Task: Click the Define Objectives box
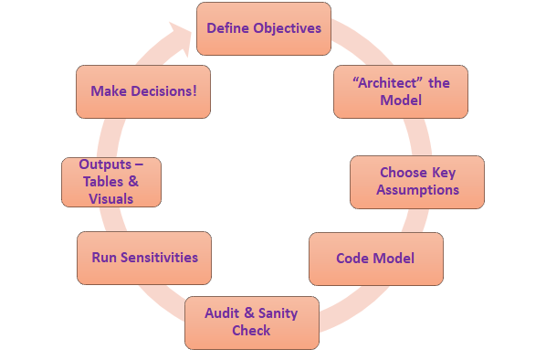coord(264,28)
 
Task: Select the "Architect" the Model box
coord(401,91)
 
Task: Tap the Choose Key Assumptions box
coord(417,182)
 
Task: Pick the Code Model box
coord(376,259)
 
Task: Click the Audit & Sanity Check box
coord(252,323)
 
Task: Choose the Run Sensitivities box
coord(144,258)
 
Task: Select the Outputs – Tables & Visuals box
coord(111,182)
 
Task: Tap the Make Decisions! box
coord(143,91)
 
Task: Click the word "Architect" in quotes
coord(387,83)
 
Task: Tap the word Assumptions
coord(417,190)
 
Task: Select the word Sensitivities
coord(159,258)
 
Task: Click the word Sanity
coord(278,313)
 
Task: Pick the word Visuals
coord(111,199)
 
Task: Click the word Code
coord(352,259)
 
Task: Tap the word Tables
coord(103,182)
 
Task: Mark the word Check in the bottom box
coord(251,331)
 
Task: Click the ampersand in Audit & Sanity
coord(249,312)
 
